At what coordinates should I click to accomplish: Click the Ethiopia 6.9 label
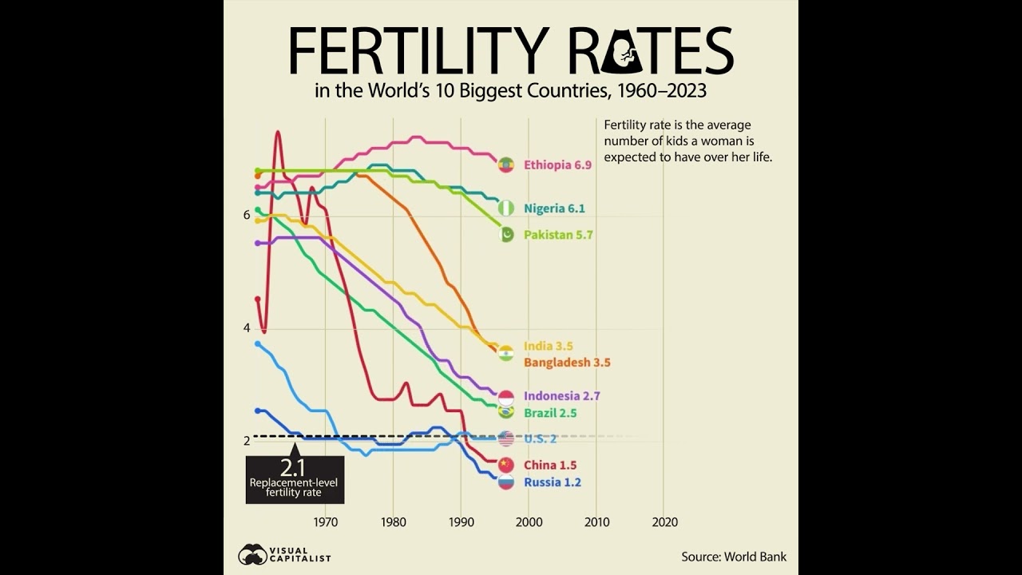(x=557, y=165)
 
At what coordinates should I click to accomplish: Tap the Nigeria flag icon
(x=506, y=208)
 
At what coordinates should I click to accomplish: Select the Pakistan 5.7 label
(x=558, y=235)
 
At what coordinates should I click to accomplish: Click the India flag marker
(x=505, y=353)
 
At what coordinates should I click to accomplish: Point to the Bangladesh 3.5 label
(x=567, y=363)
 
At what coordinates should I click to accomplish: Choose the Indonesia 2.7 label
(x=561, y=395)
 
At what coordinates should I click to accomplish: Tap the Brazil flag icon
(x=505, y=412)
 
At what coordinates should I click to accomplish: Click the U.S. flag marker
(x=505, y=438)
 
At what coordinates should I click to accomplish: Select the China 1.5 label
(x=549, y=465)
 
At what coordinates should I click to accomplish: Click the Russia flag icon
(x=505, y=482)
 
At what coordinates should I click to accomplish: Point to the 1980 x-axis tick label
(x=393, y=522)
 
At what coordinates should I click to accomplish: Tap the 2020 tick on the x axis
(x=664, y=522)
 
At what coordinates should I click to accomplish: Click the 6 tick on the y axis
(x=247, y=215)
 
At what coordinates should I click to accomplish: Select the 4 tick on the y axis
(x=247, y=327)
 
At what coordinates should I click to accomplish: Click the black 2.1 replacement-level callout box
(x=295, y=479)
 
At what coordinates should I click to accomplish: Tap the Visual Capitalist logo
(x=284, y=554)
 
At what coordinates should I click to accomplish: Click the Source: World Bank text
(x=733, y=557)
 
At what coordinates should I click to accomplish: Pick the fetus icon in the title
(x=628, y=54)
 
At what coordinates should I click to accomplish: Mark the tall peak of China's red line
(x=278, y=132)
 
